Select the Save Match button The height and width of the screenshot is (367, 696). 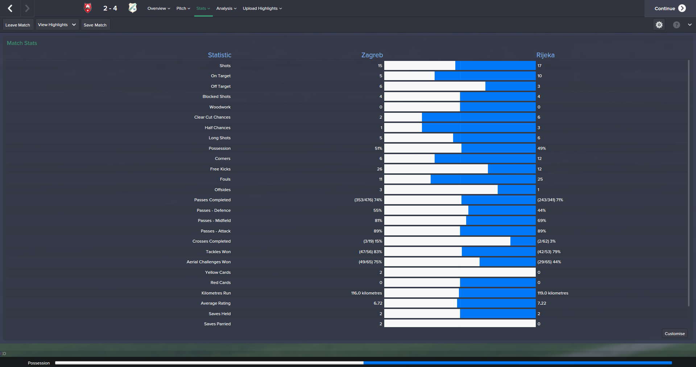click(x=95, y=25)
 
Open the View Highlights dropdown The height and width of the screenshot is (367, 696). click(x=57, y=25)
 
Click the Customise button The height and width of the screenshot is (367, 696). click(x=674, y=334)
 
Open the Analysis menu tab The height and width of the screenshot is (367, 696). click(x=226, y=8)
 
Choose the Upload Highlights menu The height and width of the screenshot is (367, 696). click(x=262, y=8)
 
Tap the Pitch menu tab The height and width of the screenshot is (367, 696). click(x=183, y=8)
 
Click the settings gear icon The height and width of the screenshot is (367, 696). click(x=659, y=25)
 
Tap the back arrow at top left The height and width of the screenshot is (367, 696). click(x=10, y=8)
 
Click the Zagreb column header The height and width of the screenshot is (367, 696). click(x=372, y=55)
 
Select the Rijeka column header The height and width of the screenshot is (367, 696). click(x=545, y=55)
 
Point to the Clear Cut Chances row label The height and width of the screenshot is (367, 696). click(x=212, y=117)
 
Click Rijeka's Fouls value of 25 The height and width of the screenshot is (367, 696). click(x=540, y=180)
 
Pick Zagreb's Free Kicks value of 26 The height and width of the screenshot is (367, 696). click(x=379, y=169)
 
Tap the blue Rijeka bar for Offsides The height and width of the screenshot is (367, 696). click(x=516, y=190)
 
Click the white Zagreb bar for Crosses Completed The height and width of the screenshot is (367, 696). click(x=447, y=241)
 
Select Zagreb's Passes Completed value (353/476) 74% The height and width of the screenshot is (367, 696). click(x=368, y=200)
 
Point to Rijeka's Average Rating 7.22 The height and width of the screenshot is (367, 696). click(x=542, y=304)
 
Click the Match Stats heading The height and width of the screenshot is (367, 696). click(x=22, y=43)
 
